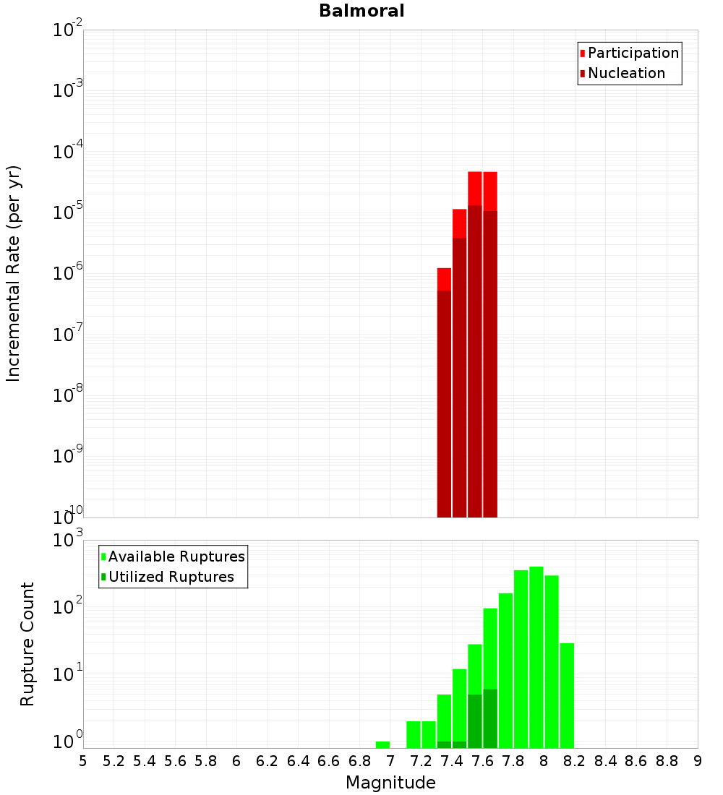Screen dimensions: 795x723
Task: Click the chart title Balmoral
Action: pyautogui.click(x=361, y=11)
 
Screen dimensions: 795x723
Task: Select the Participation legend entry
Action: pyautogui.click(x=633, y=53)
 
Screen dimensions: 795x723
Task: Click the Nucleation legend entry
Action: pyautogui.click(x=626, y=73)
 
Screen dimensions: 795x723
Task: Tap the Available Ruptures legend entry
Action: pyautogui.click(x=176, y=556)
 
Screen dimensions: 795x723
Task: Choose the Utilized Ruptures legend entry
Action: pyautogui.click(x=171, y=577)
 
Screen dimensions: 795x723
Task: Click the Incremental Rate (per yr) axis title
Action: pyautogui.click(x=14, y=273)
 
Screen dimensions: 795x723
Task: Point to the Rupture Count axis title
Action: pyautogui.click(x=27, y=644)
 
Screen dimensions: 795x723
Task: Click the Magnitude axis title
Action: pyautogui.click(x=390, y=783)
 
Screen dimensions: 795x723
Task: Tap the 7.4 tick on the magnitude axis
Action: pyautogui.click(x=452, y=761)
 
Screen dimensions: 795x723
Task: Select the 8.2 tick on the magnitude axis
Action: pyautogui.click(x=575, y=761)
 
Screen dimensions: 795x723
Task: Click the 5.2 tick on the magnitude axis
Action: pyautogui.click(x=114, y=761)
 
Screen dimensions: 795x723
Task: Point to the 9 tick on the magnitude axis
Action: pyautogui.click(x=698, y=761)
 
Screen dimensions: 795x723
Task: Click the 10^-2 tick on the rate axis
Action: pyautogui.click(x=67, y=30)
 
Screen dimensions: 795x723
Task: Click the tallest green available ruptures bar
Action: pyautogui.click(x=536, y=658)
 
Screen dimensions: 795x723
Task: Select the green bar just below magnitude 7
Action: pyautogui.click(x=382, y=744)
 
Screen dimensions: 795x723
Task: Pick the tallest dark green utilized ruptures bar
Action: pyautogui.click(x=490, y=718)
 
